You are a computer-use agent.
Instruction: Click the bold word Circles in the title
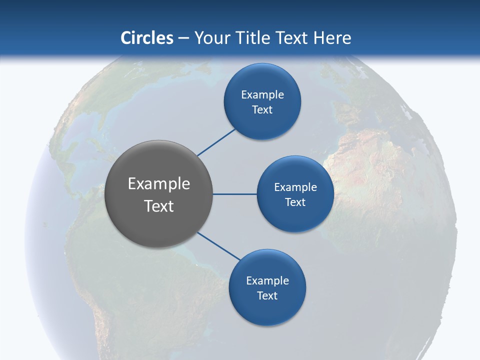pos(147,38)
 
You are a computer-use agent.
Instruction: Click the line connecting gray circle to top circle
pos(216,142)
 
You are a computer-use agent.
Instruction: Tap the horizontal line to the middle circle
pos(234,194)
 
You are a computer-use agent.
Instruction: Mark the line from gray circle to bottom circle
pos(219,246)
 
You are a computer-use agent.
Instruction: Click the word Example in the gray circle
pos(159,184)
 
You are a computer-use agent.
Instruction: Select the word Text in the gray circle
pos(159,206)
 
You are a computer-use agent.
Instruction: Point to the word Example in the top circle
pos(262,95)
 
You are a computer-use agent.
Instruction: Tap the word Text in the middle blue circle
pos(295,202)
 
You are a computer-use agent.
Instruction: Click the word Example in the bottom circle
pos(267,281)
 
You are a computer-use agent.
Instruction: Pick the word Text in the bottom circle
pos(267,296)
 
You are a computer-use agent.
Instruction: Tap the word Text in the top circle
pos(262,110)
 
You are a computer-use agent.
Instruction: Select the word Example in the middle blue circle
pos(295,187)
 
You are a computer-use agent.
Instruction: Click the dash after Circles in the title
pos(183,38)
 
